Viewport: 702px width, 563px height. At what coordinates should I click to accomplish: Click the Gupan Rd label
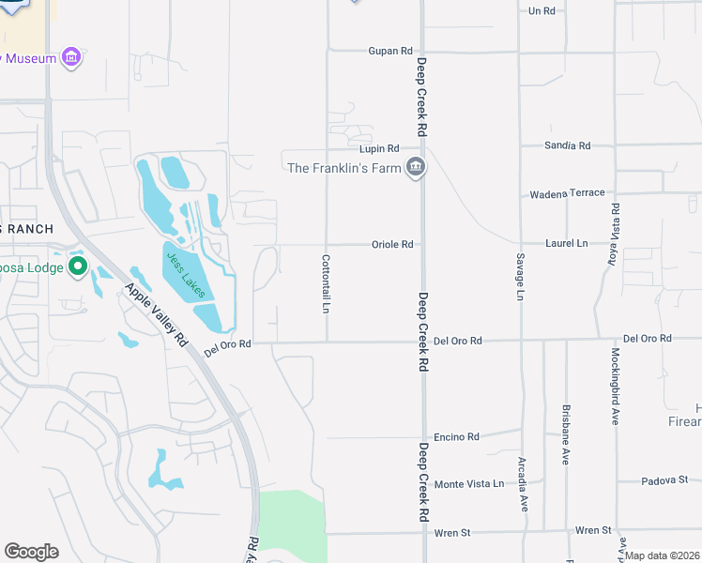(390, 51)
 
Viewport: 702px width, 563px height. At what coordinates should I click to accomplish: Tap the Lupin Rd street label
(379, 149)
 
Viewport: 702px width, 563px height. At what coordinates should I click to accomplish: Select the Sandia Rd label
(568, 145)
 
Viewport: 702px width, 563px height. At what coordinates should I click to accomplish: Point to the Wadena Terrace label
(568, 193)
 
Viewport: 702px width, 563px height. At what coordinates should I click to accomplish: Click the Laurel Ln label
(566, 243)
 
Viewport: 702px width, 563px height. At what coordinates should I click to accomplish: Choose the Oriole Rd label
(392, 245)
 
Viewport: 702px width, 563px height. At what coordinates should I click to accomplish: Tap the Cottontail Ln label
(326, 283)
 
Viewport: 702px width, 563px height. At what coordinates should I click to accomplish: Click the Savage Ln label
(519, 277)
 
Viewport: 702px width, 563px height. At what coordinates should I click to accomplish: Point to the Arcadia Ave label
(522, 484)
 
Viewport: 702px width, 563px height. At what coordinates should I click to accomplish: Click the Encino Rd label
(456, 437)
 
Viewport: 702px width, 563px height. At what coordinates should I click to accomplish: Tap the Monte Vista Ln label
(468, 484)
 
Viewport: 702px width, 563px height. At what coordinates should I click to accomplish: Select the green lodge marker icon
(77, 268)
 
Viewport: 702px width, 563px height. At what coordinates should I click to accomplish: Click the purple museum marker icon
(70, 58)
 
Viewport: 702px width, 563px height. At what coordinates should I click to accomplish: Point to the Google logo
(31, 552)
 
